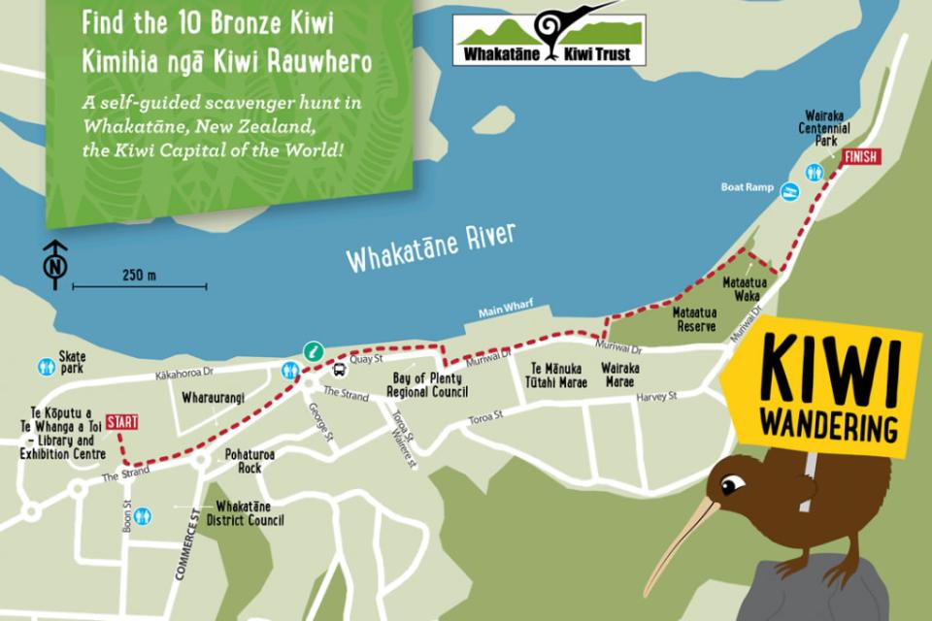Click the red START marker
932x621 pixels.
point(121,422)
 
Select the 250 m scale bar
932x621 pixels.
point(140,285)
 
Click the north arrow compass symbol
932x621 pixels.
point(55,264)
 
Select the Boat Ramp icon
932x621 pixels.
point(790,191)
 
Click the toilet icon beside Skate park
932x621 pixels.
point(46,367)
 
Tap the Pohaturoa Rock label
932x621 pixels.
point(250,461)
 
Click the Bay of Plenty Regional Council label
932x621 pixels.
point(427,385)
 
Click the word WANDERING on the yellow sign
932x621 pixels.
point(829,423)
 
